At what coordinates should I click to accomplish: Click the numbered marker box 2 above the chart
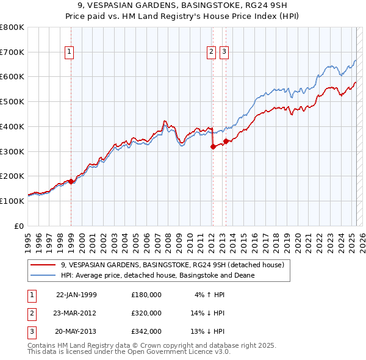[x=211, y=52]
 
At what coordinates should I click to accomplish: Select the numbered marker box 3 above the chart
[x=224, y=52]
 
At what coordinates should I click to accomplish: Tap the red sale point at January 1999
[x=71, y=181]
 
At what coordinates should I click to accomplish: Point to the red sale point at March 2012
[x=213, y=146]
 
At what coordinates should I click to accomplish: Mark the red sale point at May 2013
[x=226, y=141]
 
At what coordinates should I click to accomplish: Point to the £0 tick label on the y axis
[x=18, y=226]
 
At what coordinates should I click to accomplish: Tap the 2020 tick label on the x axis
[x=297, y=239]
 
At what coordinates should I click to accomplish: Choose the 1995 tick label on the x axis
[x=27, y=239]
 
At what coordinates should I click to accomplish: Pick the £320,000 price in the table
[x=146, y=313]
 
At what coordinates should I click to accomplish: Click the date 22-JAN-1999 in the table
[x=76, y=295]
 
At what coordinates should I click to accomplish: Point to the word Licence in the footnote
[x=198, y=351]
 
